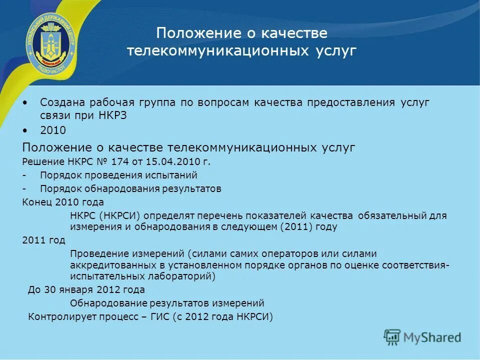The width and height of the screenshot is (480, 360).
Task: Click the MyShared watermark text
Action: (x=432, y=337)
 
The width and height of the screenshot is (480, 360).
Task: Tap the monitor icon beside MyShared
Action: (x=392, y=337)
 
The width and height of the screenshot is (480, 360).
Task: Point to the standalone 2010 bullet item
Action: (x=52, y=130)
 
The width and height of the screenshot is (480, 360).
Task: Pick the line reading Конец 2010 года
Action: (x=63, y=202)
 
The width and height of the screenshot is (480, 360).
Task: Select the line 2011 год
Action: (x=44, y=240)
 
